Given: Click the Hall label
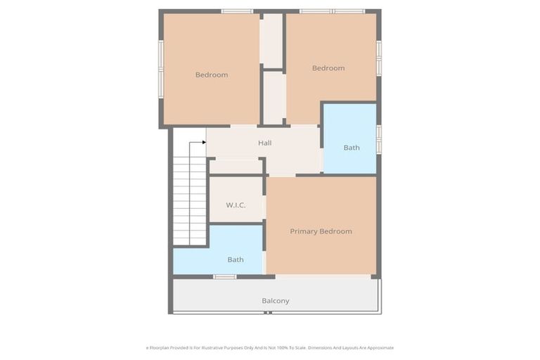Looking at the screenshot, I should (x=264, y=143).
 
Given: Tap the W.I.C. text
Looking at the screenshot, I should (x=235, y=205).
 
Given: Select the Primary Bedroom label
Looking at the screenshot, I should (x=321, y=231).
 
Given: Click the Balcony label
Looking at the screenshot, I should (x=276, y=301).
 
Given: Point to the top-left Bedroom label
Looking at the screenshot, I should (x=212, y=75).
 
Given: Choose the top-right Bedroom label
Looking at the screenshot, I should (x=328, y=68).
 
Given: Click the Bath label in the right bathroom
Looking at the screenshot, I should (x=352, y=148).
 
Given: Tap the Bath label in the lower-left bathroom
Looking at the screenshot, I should (x=236, y=259).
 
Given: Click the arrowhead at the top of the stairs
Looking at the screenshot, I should (x=203, y=143).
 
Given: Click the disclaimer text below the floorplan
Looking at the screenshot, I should (x=269, y=347).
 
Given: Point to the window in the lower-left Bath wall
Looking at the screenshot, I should (x=225, y=277).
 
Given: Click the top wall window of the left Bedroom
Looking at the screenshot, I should (x=236, y=11).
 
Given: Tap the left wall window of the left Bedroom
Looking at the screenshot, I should (x=161, y=67).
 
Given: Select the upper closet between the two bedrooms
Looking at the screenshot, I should (x=271, y=41).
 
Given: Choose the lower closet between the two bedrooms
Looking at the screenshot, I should (x=274, y=97).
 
